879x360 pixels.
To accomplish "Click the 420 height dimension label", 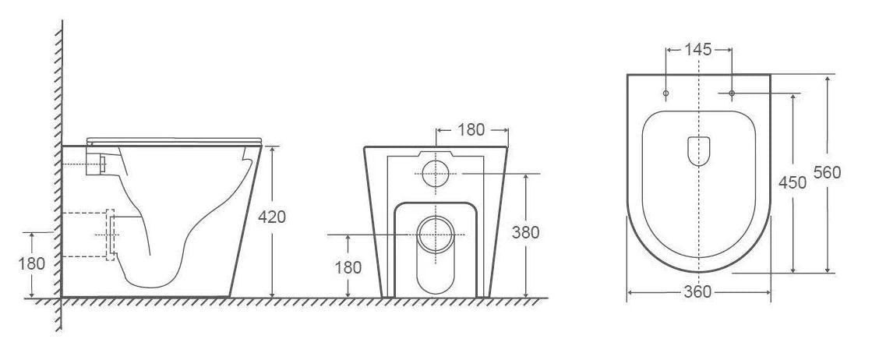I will coord(272,217).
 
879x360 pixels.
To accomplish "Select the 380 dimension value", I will coord(527,231).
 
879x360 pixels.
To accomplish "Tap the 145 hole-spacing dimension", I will coord(698,50).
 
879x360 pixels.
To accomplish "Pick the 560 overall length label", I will coord(827,173).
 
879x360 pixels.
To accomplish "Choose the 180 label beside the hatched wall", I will coord(31,263).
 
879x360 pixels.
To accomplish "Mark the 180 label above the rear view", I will coord(471,130).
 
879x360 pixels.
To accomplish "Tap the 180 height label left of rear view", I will coord(348,267).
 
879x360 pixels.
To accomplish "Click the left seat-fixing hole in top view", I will coord(665,94).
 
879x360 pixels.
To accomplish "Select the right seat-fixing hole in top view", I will coord(732,94).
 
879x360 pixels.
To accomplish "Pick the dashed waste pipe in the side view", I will coord(86,235).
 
